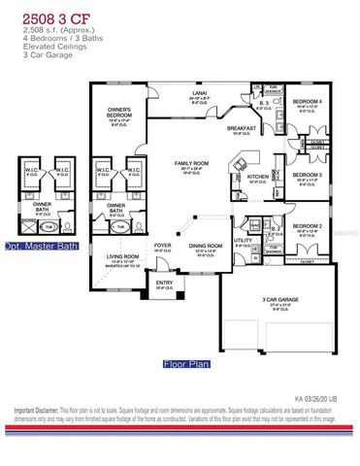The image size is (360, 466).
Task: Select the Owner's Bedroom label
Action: click(x=122, y=114)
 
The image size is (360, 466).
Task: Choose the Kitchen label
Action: click(x=257, y=176)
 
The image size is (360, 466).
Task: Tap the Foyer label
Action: click(x=163, y=245)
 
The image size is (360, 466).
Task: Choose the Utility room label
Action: click(x=243, y=238)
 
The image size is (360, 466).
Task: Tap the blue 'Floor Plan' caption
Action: click(x=186, y=365)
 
